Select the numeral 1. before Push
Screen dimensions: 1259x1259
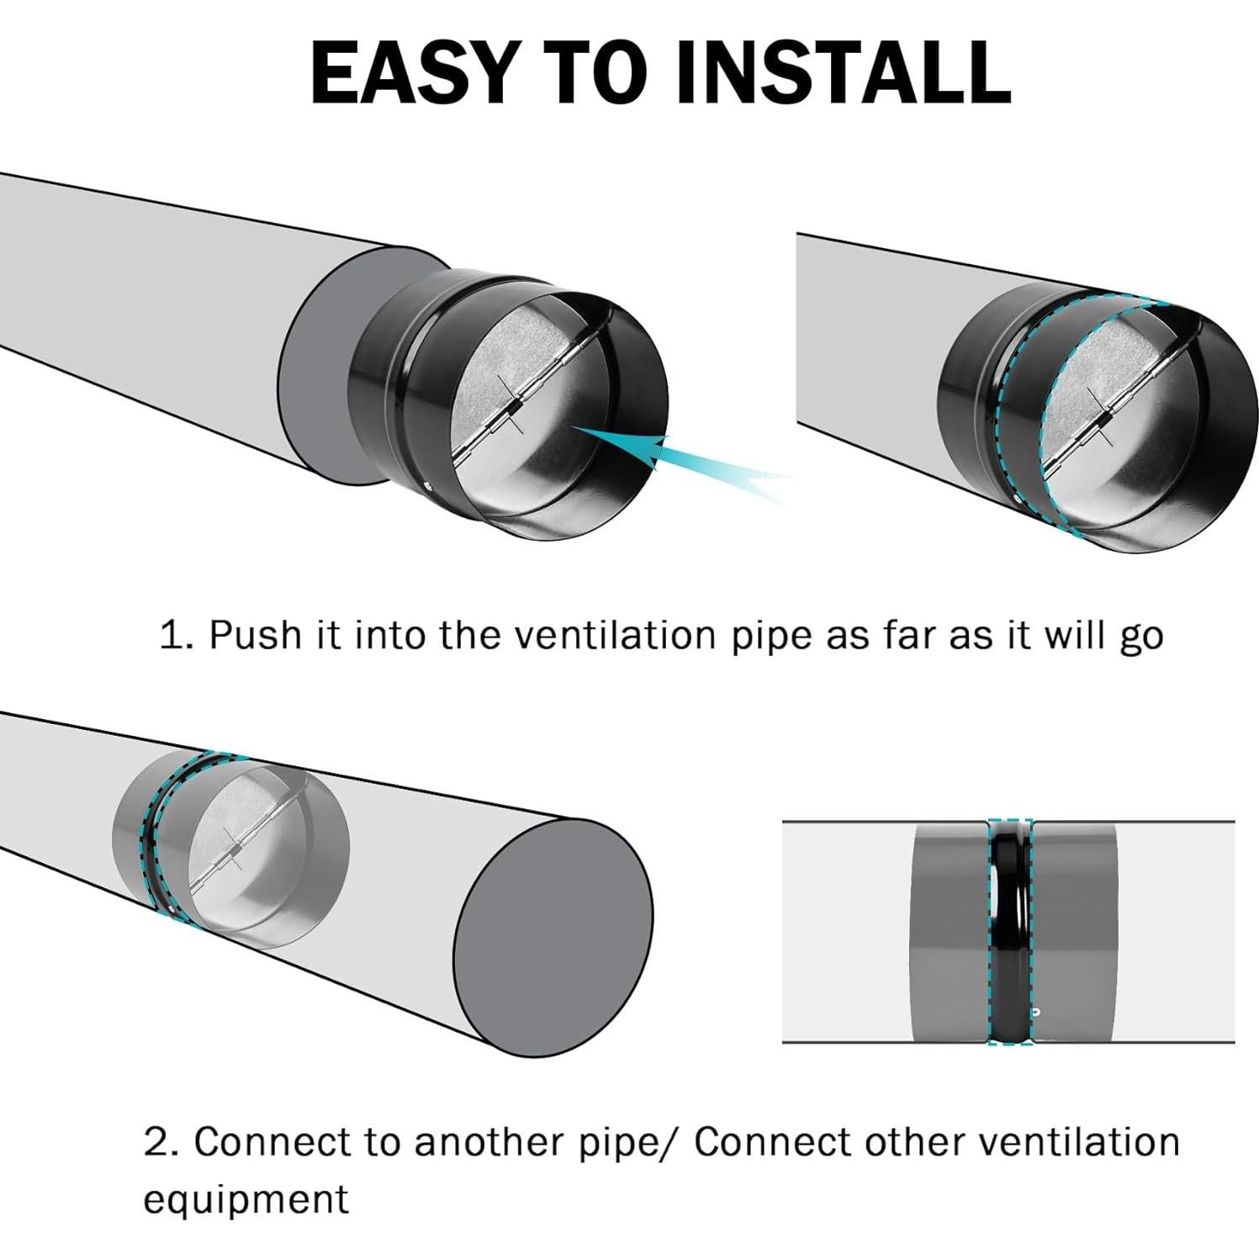pos(177,635)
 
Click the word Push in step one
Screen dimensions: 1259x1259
pos(255,635)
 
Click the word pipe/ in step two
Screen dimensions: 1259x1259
pos(632,1142)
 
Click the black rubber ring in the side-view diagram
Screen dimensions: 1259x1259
pos(1009,932)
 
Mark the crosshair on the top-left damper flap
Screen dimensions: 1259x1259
pos(509,404)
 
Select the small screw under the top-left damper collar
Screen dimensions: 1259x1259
pos(429,484)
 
